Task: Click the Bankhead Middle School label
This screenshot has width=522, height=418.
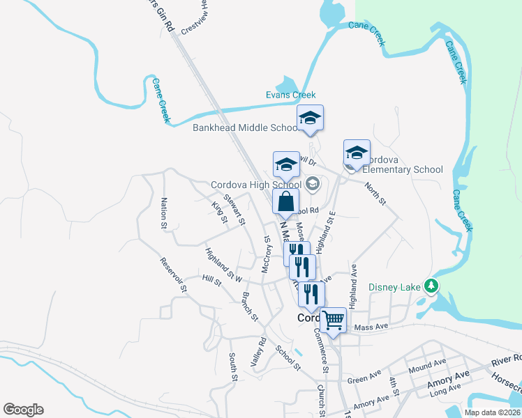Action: [246, 127]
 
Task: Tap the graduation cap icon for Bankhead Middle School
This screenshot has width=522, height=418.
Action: [310, 118]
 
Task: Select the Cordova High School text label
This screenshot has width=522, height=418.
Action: [256, 185]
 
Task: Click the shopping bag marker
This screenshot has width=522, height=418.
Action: [285, 202]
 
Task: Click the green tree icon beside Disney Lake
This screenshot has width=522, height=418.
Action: [431, 285]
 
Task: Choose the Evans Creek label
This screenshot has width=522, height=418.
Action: [290, 95]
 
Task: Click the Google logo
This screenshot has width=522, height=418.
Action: [23, 410]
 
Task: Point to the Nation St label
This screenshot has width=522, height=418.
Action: [164, 213]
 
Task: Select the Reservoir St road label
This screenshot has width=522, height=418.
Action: [174, 274]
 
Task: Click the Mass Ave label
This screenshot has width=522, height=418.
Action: [370, 327]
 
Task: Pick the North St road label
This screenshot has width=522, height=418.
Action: [375, 193]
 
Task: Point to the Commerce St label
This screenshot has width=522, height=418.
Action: [323, 353]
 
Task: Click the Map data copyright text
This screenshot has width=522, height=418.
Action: [491, 412]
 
